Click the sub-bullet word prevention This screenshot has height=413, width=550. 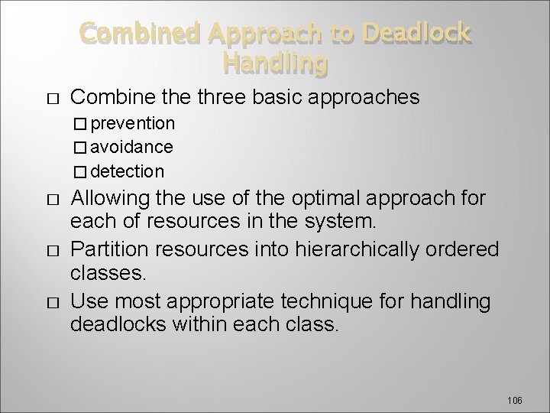pyautogui.click(x=137, y=123)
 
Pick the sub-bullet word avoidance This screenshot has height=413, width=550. pyautogui.click(x=137, y=146)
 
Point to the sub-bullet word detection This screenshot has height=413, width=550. pyautogui.click(x=132, y=170)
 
